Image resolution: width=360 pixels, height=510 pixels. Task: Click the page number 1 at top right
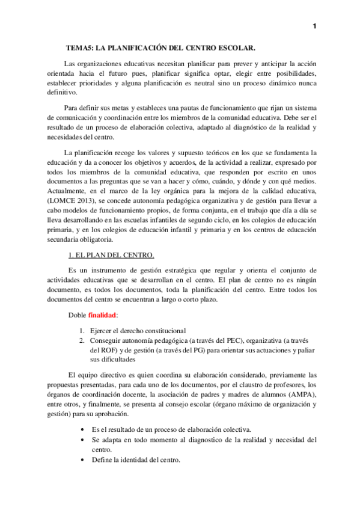[x=316, y=25]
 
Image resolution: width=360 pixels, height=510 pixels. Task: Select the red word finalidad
[x=103, y=315]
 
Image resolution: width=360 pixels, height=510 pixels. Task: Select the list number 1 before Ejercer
[x=82, y=330]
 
